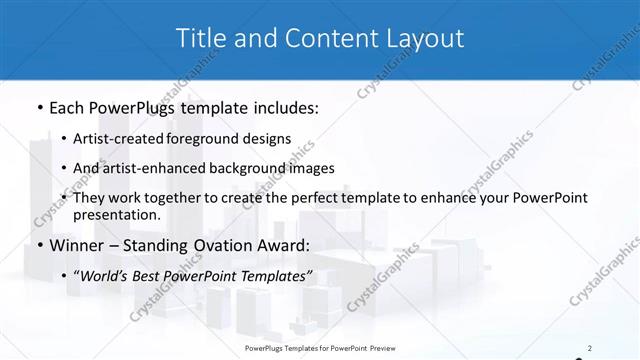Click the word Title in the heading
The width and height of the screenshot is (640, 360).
click(199, 39)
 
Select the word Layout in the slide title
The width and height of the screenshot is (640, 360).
click(421, 39)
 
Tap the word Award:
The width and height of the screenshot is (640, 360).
click(286, 246)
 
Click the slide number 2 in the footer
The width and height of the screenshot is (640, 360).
click(590, 348)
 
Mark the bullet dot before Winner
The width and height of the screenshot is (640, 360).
click(39, 246)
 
